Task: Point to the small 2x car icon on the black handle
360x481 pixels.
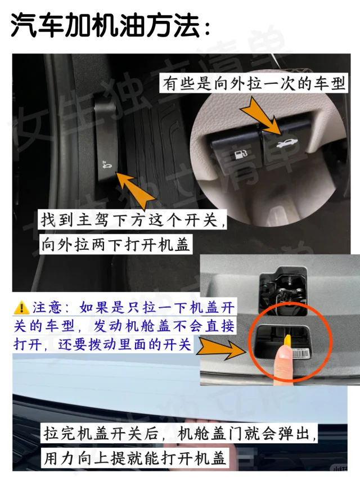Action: pyautogui.click(x=107, y=165)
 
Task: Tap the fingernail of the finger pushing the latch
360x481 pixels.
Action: pyautogui.click(x=284, y=353)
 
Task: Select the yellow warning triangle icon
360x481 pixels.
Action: pyautogui.click(x=21, y=308)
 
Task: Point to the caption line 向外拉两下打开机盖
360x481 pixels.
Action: pyautogui.click(x=115, y=245)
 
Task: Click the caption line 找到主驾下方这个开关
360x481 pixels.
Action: pyautogui.click(x=133, y=219)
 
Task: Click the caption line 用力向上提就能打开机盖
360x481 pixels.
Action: pyautogui.click(x=134, y=458)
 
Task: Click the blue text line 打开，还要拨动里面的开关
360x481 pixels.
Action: pyautogui.click(x=102, y=344)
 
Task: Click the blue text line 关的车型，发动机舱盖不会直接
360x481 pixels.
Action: pyautogui.click(x=124, y=326)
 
